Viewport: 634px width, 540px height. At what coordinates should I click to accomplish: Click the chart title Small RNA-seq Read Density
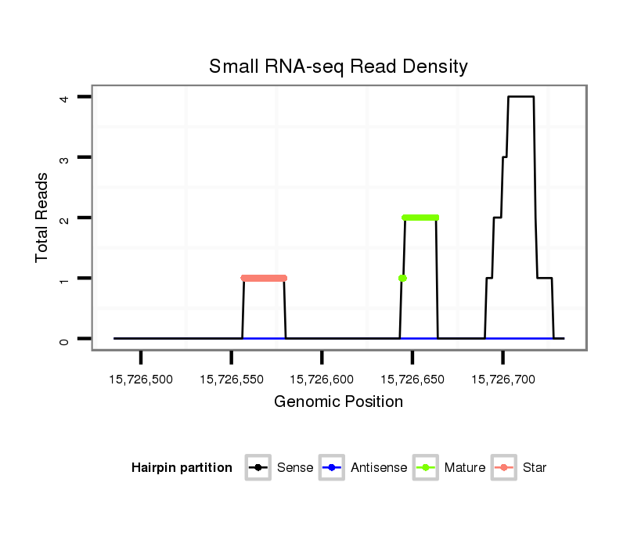pyautogui.click(x=338, y=67)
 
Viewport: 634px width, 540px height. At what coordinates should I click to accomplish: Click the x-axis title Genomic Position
pyautogui.click(x=338, y=402)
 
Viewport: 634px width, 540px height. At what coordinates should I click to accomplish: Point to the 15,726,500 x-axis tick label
pyautogui.click(x=141, y=380)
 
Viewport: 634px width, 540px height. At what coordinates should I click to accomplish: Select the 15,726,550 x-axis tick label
pyautogui.click(x=232, y=380)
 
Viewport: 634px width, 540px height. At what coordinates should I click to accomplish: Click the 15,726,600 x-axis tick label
pyautogui.click(x=322, y=380)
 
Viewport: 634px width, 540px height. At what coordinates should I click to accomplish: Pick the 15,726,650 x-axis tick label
pyautogui.click(x=412, y=380)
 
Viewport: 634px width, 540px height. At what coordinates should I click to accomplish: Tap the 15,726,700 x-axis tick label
pyautogui.click(x=503, y=380)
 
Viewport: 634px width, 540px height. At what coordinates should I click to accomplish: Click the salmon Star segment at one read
pyautogui.click(x=264, y=278)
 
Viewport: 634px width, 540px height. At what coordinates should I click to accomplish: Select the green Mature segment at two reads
pyautogui.click(x=420, y=218)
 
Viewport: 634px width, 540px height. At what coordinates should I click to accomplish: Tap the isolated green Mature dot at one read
pyautogui.click(x=402, y=278)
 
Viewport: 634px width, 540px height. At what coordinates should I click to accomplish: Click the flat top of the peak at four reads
pyautogui.click(x=521, y=97)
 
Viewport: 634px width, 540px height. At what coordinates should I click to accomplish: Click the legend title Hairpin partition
pyautogui.click(x=182, y=468)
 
